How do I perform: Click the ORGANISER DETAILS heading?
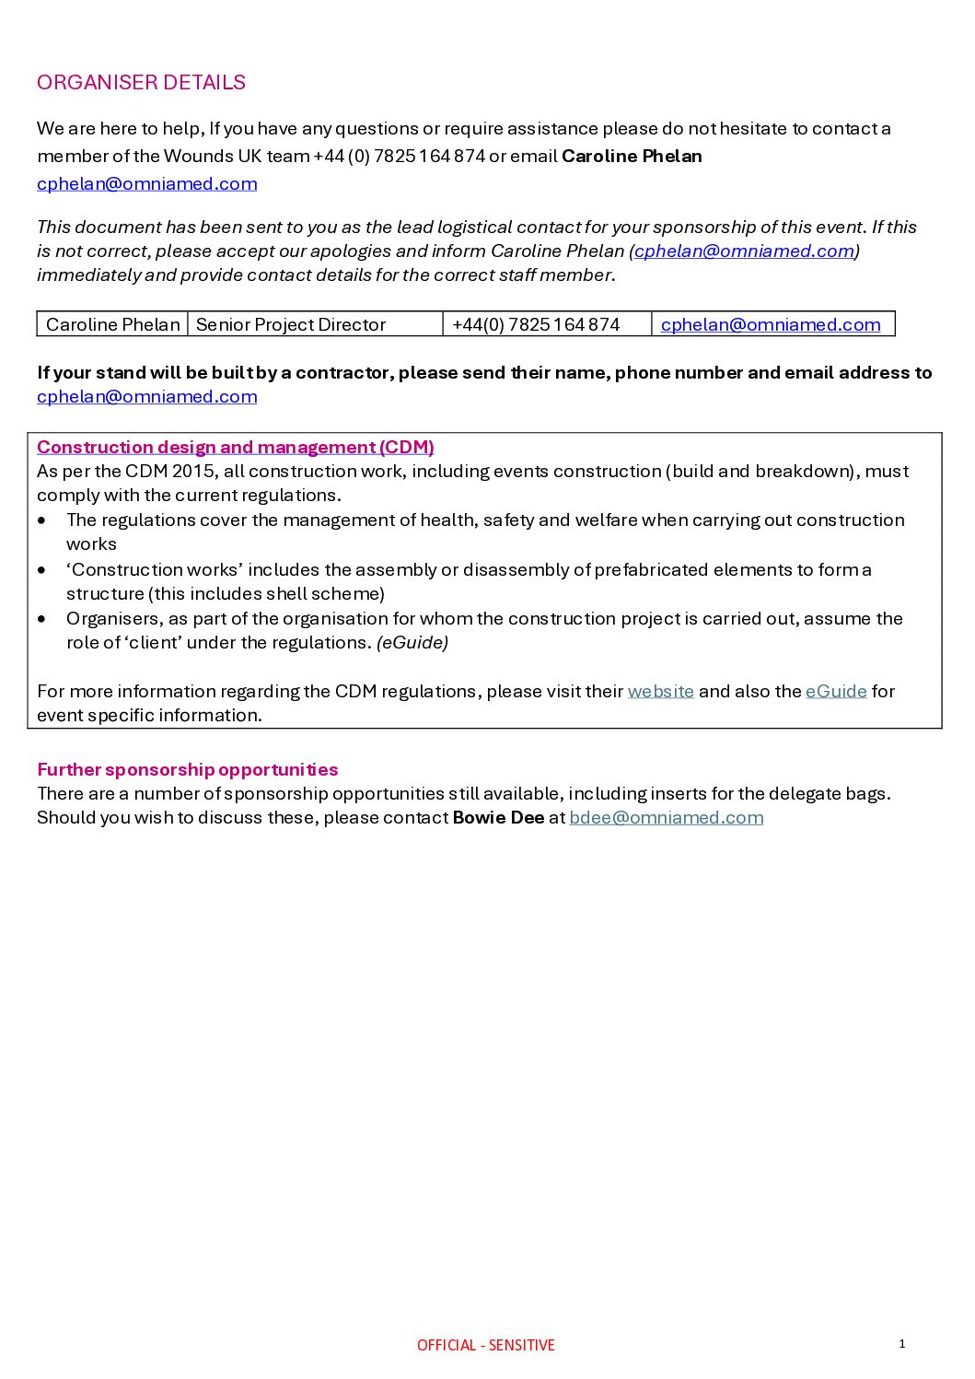(x=141, y=82)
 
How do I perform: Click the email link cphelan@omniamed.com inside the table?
(x=771, y=324)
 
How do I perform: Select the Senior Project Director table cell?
(x=291, y=324)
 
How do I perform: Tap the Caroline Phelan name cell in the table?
(x=112, y=324)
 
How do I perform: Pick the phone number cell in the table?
(x=536, y=324)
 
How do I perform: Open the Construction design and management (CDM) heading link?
(x=235, y=447)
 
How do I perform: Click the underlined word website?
(x=660, y=691)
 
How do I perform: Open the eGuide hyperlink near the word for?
(x=836, y=691)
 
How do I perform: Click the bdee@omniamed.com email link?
(x=666, y=817)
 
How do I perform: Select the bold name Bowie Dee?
(x=498, y=817)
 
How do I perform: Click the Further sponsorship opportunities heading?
(x=187, y=769)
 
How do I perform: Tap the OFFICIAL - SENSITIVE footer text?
(x=485, y=1345)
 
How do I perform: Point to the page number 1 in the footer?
(x=902, y=1343)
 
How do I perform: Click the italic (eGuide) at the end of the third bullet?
(x=412, y=642)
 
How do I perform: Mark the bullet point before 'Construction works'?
(x=42, y=570)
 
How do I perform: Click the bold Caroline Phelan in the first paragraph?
(x=632, y=156)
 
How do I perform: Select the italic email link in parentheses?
(x=744, y=251)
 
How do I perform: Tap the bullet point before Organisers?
(x=42, y=619)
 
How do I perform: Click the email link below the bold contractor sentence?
(x=146, y=396)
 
